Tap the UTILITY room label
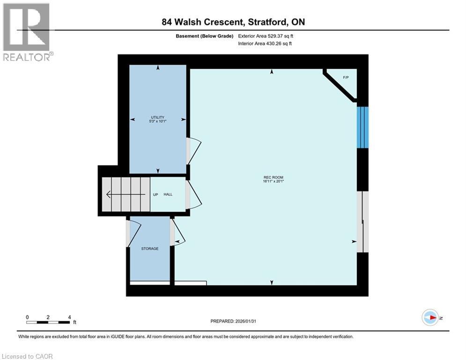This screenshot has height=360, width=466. (x=157, y=117)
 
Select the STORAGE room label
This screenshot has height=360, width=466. (x=150, y=248)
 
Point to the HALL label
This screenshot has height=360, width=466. (x=168, y=195)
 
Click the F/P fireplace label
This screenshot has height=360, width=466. (x=346, y=77)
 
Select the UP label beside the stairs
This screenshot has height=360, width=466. (x=155, y=195)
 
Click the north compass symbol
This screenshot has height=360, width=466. (x=430, y=318)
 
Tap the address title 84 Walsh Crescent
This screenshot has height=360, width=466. (x=233, y=22)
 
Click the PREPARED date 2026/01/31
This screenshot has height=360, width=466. (x=233, y=321)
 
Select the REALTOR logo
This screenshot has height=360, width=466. (x=27, y=32)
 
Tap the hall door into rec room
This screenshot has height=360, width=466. (x=194, y=195)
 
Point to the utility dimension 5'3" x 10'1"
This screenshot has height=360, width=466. (x=157, y=121)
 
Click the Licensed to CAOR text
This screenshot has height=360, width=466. (x=28, y=356)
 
